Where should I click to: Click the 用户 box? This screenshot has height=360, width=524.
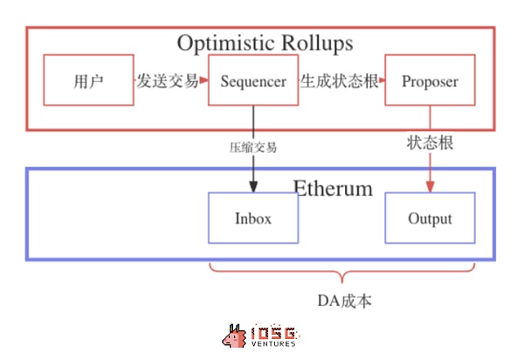tap(88, 81)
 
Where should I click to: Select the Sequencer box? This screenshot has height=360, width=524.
tap(253, 81)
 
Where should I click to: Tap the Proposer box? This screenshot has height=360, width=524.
tap(430, 81)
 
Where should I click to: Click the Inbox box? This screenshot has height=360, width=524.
tap(253, 218)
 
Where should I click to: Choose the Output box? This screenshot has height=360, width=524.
tap(430, 218)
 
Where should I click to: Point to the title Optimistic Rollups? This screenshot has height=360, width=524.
tap(265, 42)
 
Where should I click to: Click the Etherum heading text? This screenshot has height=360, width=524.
tap(332, 188)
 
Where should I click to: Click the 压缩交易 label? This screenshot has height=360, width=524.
tap(253, 147)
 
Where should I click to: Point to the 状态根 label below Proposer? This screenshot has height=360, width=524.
tap(430, 143)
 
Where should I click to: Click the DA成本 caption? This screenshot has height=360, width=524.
tap(344, 300)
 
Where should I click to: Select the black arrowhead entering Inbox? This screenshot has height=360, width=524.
tap(253, 187)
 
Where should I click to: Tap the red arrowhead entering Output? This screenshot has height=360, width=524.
tap(430, 187)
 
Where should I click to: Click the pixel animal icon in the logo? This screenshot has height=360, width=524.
tap(234, 336)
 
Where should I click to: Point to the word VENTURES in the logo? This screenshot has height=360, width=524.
tap(273, 343)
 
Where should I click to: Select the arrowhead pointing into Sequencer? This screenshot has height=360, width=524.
tap(204, 81)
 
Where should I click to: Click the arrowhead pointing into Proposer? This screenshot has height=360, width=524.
tap(382, 81)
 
